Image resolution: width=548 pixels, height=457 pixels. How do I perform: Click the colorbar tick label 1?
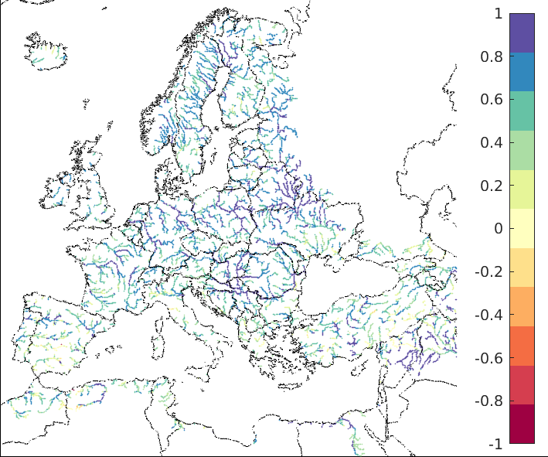[497, 13]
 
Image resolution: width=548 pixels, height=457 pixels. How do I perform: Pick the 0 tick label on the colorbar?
[497, 229]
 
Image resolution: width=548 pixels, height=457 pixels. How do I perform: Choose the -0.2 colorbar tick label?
[487, 272]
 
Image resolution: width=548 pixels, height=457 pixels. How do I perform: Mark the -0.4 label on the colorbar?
[487, 315]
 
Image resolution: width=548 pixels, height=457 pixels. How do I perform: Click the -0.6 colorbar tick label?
[487, 358]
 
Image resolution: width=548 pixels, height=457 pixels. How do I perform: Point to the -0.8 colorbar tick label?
[487, 401]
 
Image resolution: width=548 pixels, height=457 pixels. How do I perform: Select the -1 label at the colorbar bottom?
[495, 445]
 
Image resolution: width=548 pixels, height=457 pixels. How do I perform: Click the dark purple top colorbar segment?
[522, 32]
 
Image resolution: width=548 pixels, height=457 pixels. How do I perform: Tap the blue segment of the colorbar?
[522, 72]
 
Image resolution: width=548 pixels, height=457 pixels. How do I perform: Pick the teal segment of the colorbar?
[522, 111]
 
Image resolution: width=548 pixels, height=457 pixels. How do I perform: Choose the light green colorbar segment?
[522, 150]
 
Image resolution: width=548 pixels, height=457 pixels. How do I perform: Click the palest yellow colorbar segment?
[522, 228]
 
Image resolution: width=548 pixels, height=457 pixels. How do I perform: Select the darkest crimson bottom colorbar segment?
[522, 424]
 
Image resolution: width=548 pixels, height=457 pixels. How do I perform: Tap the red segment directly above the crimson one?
[522, 384]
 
